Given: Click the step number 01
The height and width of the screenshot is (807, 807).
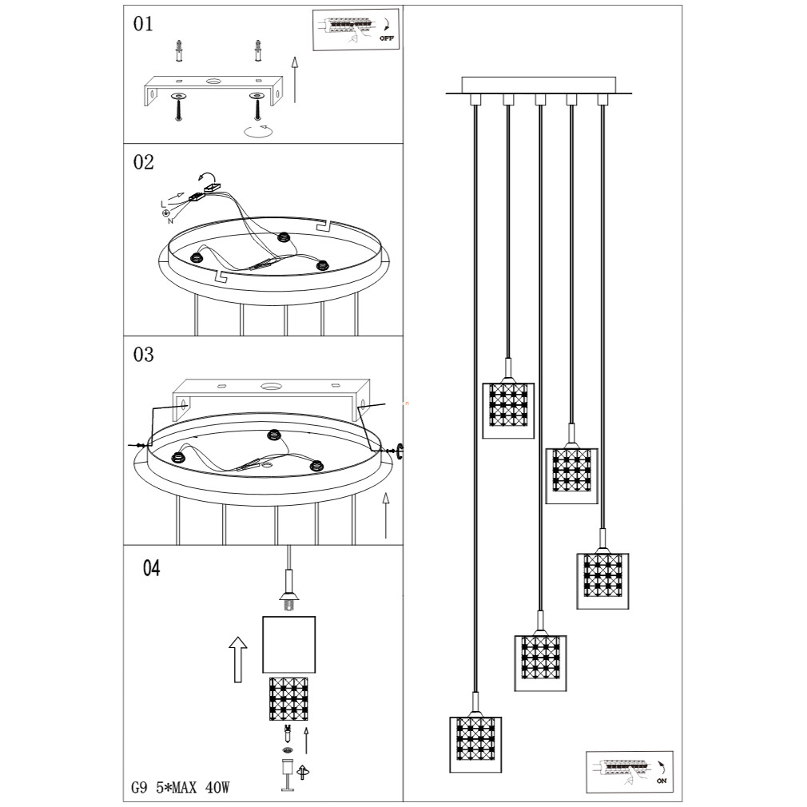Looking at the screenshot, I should (x=143, y=25).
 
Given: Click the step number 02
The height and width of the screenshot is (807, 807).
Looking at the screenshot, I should (x=144, y=162).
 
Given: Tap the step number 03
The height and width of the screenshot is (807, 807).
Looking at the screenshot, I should (x=144, y=355).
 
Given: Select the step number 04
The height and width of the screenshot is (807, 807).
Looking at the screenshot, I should (x=152, y=569).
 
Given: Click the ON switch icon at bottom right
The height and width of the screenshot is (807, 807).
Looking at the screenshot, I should (x=629, y=770).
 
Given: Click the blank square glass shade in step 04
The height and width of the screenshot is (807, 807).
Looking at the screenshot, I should (x=289, y=644).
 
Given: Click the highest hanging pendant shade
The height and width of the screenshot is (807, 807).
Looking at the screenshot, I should (x=507, y=409).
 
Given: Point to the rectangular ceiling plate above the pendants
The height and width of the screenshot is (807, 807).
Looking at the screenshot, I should (x=539, y=85).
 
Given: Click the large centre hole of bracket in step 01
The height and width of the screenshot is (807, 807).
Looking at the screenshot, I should (x=213, y=81).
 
